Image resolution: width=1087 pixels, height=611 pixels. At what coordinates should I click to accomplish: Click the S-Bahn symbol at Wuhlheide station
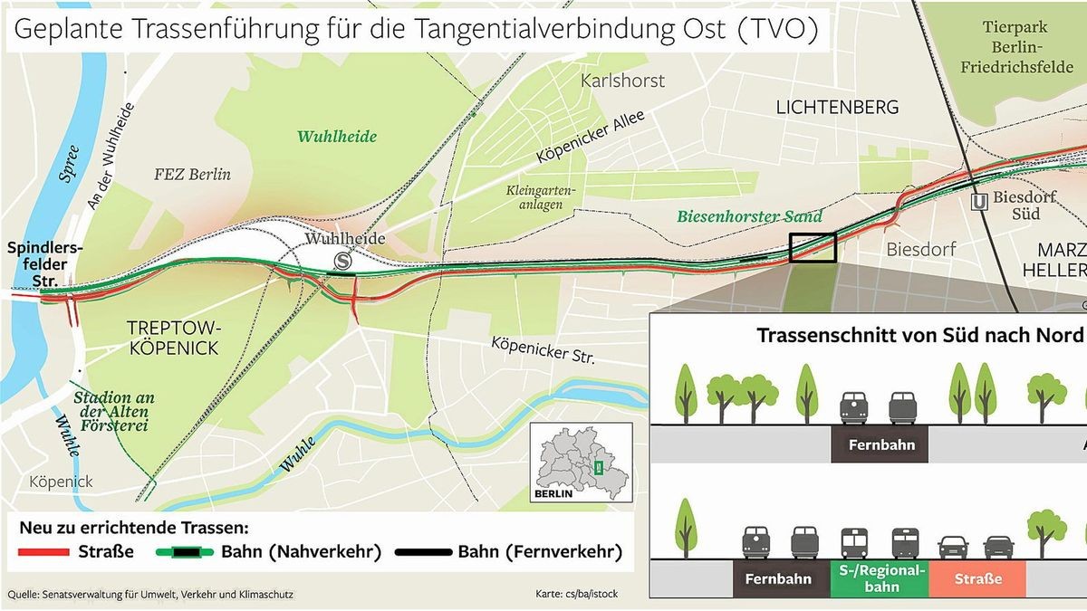tap(343, 260)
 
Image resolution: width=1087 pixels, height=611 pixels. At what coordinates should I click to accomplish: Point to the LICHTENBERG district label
tap(837, 107)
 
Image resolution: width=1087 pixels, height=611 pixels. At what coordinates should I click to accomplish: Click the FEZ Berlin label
tap(192, 174)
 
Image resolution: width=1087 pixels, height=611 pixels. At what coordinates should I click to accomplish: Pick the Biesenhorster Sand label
tap(749, 216)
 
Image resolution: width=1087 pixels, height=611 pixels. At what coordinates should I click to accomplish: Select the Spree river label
tap(70, 164)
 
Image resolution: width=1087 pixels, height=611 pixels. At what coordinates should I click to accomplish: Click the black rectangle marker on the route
tap(812, 247)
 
